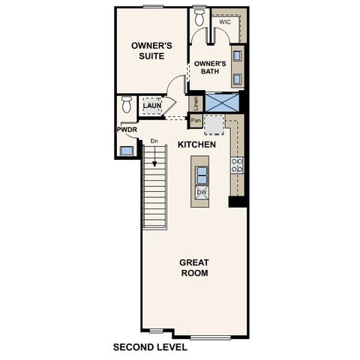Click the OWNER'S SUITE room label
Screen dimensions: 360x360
(x=151, y=50)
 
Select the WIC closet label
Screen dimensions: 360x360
(x=224, y=22)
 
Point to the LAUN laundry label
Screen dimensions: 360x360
(x=152, y=106)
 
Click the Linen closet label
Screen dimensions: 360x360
(x=196, y=103)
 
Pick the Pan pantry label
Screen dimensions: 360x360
(x=196, y=120)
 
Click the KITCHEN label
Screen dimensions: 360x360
(x=197, y=144)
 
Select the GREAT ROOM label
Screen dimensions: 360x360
(x=193, y=267)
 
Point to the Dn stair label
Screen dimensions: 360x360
(x=154, y=140)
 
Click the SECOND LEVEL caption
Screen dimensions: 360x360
(x=150, y=347)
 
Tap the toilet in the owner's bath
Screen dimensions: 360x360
(x=199, y=17)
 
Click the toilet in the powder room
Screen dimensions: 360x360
(x=126, y=102)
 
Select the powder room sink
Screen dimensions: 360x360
(x=127, y=150)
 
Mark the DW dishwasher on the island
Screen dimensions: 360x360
(x=201, y=193)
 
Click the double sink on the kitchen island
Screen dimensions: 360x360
(x=201, y=175)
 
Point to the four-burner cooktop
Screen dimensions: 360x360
(x=237, y=165)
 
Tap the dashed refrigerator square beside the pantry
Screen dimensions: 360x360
(x=214, y=124)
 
